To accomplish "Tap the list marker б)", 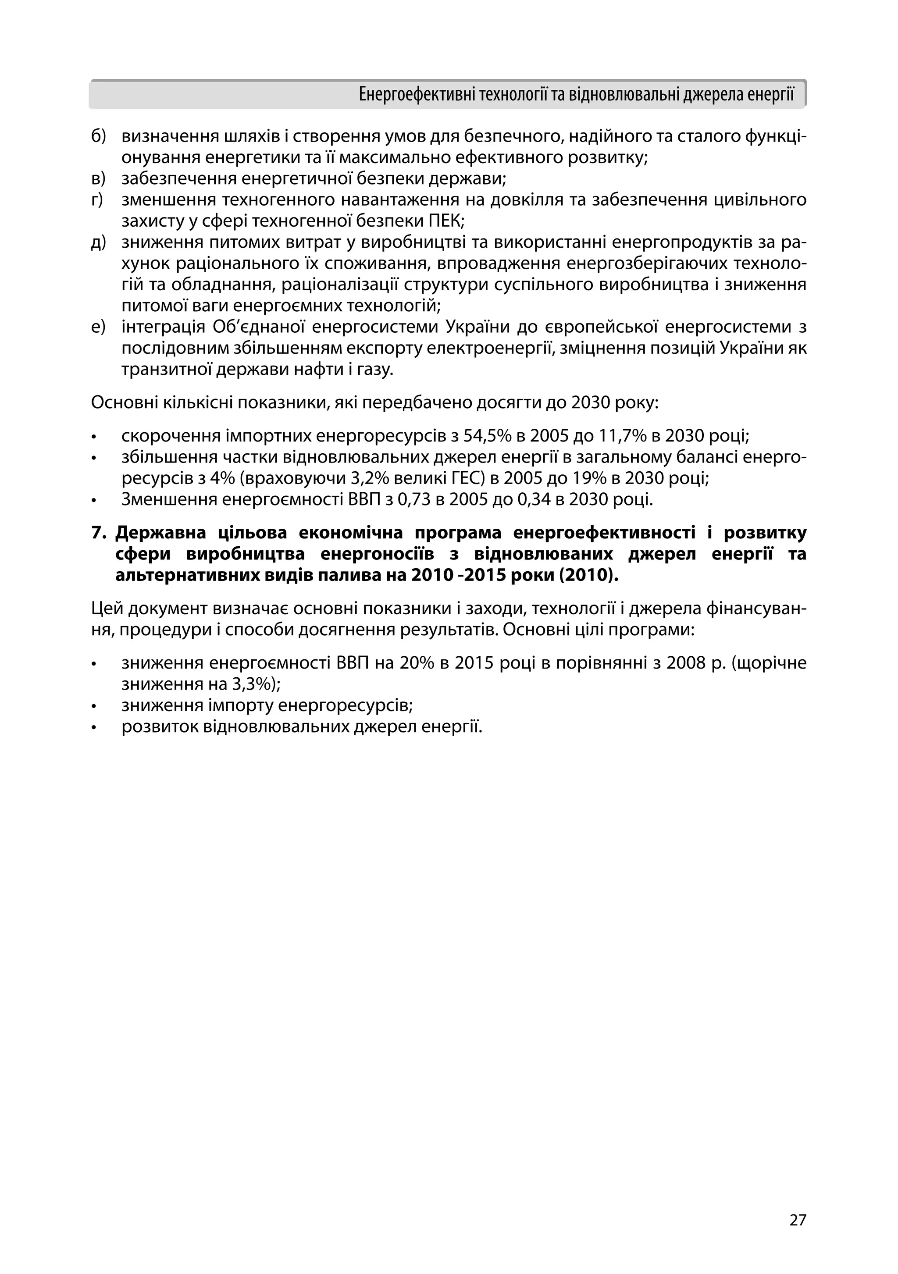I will (x=98, y=136).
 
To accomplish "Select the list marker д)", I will (x=98, y=242).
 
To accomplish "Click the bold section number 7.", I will (x=98, y=533).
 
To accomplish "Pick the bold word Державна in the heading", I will (x=160, y=533).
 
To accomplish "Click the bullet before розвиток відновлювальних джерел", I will (x=94, y=727).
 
